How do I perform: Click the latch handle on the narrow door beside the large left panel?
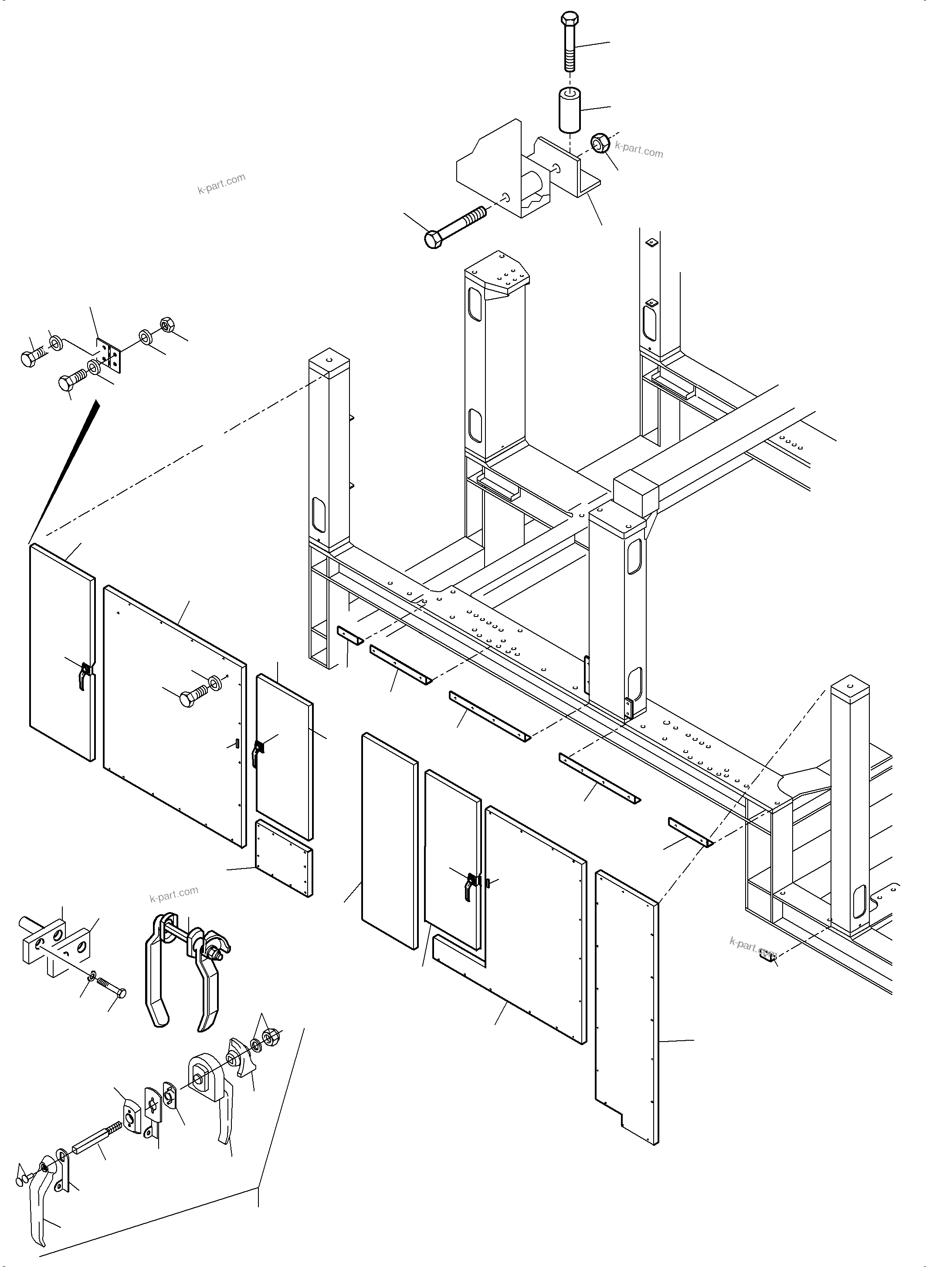(x=257, y=753)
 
